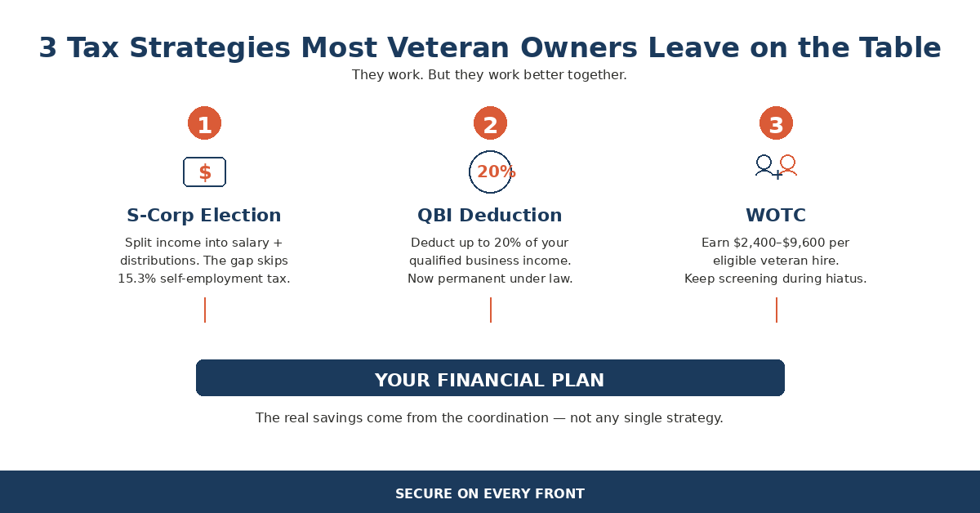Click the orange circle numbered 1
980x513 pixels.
204,123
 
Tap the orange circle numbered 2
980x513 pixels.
490,123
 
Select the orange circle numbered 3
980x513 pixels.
776,123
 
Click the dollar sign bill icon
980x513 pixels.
204,172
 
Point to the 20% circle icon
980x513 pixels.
491,172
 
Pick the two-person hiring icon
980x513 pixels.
776,167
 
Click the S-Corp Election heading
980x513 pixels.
204,216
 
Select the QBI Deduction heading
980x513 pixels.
490,216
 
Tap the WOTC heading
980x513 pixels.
776,216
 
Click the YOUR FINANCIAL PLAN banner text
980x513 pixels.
490,380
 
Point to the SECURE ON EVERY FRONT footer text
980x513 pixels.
490,493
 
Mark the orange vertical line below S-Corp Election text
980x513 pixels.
204,310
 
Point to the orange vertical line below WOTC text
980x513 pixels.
776,310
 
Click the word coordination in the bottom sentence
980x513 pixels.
507,418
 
